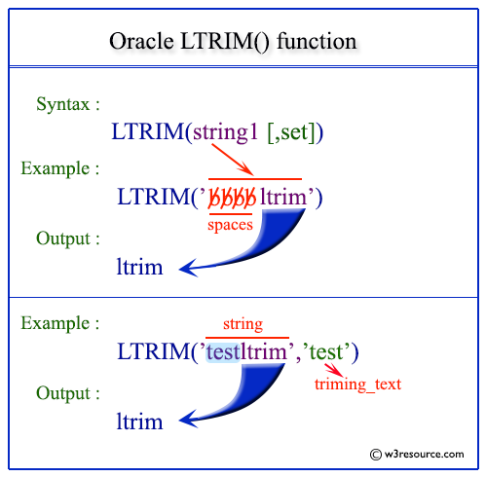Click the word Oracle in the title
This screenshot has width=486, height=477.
[141, 41]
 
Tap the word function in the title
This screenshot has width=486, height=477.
[317, 41]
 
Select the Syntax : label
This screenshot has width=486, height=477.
[68, 104]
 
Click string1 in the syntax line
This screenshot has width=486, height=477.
[225, 131]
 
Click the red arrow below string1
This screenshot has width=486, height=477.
[233, 160]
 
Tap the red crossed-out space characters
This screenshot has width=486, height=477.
[232, 197]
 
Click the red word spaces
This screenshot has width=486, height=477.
[230, 225]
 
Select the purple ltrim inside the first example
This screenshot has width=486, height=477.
[283, 197]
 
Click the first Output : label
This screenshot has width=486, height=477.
[68, 238]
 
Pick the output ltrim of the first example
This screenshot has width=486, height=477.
[139, 267]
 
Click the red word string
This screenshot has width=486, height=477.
[243, 324]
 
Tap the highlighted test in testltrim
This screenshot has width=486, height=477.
[223, 352]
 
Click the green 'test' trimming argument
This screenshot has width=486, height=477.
[325, 351]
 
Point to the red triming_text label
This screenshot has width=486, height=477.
[357, 385]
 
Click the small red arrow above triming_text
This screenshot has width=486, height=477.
[333, 370]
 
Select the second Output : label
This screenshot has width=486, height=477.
[68, 393]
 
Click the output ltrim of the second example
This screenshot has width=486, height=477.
[139, 422]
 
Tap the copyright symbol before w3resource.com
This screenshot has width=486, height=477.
[376, 455]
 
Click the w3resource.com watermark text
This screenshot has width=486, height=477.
[424, 455]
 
